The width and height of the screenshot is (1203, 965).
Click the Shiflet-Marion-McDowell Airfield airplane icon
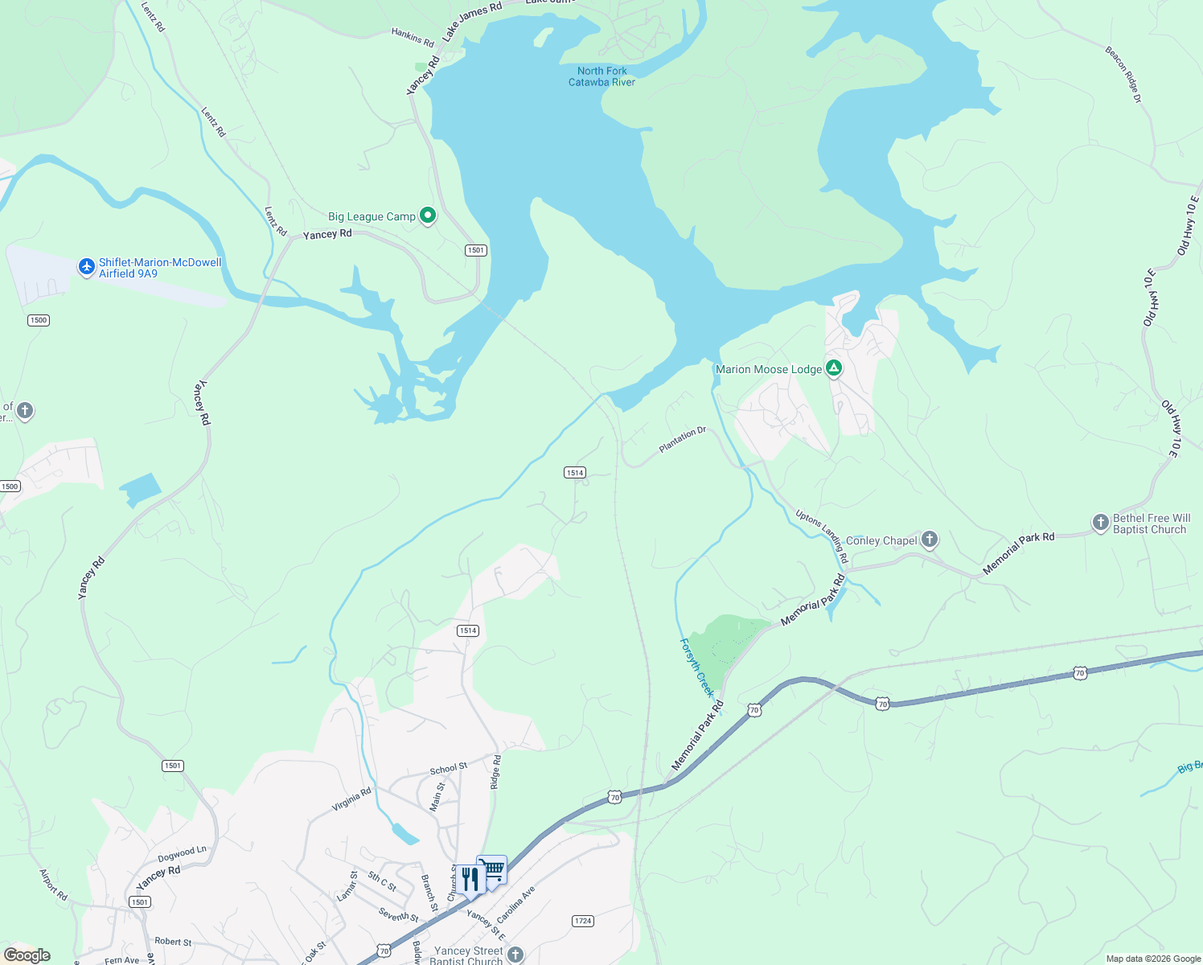click(87, 267)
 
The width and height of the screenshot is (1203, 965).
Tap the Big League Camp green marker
click(428, 216)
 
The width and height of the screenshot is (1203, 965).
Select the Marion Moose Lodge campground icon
click(834, 368)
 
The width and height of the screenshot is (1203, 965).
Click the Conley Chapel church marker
click(930, 540)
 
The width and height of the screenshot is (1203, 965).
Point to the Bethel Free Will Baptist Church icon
click(1100, 523)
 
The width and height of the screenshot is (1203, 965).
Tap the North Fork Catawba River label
click(601, 76)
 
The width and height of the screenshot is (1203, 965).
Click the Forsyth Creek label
click(697, 667)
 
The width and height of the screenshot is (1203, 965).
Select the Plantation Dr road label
click(682, 440)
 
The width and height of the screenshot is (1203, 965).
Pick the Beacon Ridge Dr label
click(1123, 75)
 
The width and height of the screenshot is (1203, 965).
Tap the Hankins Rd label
click(413, 37)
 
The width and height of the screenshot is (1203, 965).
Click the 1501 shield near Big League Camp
click(476, 250)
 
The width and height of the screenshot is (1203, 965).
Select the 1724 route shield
click(583, 921)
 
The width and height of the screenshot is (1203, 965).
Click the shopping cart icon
click(493, 870)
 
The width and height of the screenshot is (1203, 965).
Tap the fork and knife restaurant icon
click(470, 879)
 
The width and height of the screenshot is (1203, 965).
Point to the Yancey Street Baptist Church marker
click(515, 955)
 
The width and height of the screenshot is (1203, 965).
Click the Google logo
click(27, 955)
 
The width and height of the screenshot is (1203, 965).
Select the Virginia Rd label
click(352, 799)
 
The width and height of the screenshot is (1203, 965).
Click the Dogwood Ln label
click(182, 853)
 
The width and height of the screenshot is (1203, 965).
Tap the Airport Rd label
click(54, 885)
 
